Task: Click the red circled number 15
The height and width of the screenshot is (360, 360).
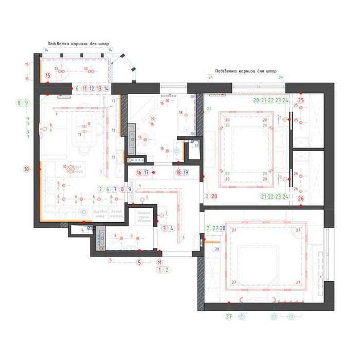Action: tap(48, 76)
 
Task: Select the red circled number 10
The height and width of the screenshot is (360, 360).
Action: tap(27, 169)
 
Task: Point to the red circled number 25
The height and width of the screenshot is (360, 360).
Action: tap(301, 100)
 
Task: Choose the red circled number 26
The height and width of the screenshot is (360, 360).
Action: tap(301, 199)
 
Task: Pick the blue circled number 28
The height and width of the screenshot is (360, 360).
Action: tap(223, 228)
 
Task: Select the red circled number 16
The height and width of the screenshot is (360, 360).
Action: tap(139, 173)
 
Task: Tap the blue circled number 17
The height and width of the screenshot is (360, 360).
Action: tap(147, 173)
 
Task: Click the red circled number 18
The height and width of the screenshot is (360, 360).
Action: tap(178, 173)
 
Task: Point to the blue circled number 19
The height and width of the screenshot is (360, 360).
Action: tap(186, 173)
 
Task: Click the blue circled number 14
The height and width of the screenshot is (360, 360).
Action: tap(106, 88)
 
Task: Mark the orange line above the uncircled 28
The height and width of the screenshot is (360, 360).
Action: tap(212, 240)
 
